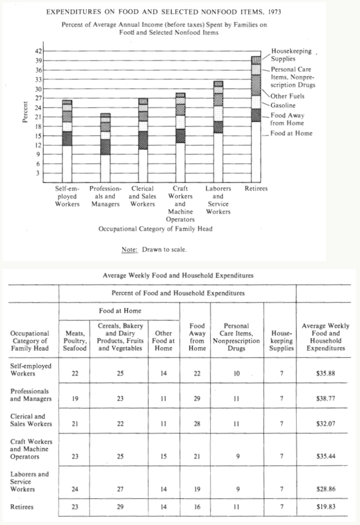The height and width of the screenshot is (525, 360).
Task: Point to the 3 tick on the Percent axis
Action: (39, 173)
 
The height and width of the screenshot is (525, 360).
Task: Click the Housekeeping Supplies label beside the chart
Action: (291, 55)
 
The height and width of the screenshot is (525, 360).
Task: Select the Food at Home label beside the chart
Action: (291, 134)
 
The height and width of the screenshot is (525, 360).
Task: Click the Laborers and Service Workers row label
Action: (30, 481)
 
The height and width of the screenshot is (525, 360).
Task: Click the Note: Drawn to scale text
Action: (154, 249)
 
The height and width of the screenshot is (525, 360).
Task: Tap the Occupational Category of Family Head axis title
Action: (155, 229)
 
